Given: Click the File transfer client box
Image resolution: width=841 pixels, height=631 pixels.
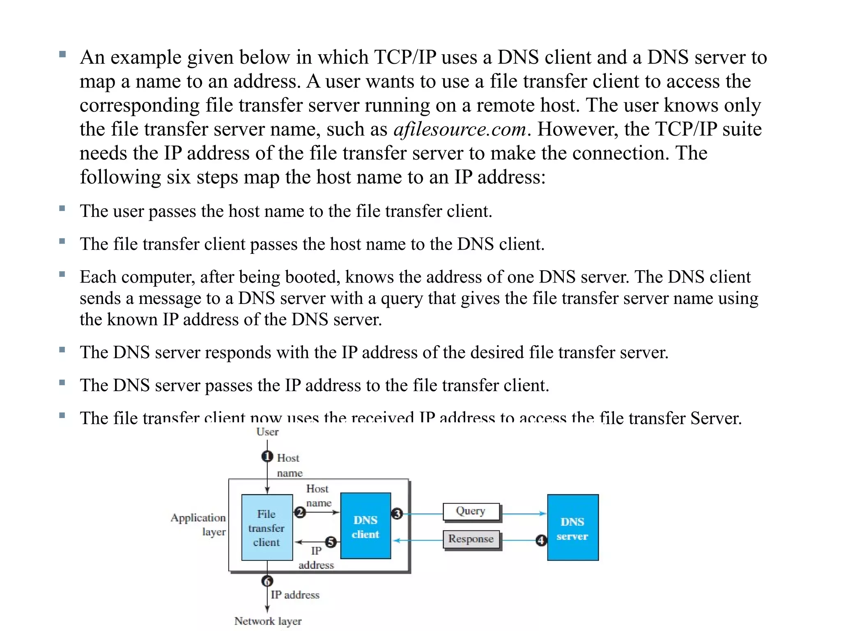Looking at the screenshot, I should [x=267, y=527].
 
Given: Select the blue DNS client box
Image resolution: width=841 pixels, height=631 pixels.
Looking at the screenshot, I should [x=365, y=526].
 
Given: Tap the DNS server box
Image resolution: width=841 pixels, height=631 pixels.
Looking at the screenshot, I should [x=572, y=528].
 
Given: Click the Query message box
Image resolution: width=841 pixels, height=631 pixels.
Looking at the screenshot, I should [x=471, y=511].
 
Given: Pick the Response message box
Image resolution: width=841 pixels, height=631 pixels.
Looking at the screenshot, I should [x=471, y=539].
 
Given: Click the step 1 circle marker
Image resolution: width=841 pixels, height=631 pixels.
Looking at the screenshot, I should [x=267, y=456].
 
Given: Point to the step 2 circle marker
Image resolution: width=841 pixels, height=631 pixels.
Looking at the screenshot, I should [x=300, y=512].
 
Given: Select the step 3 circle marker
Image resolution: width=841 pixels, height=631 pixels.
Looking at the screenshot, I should [x=397, y=514].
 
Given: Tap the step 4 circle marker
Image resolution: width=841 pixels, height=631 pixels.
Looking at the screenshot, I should [x=541, y=540].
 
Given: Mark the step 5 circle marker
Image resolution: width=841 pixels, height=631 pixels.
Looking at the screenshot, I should [x=331, y=542].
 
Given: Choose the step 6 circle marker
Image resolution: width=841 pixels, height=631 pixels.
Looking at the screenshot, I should [x=267, y=581].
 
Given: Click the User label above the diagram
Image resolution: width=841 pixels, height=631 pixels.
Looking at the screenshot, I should [x=267, y=432].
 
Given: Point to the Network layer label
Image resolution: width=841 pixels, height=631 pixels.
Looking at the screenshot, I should [x=268, y=621].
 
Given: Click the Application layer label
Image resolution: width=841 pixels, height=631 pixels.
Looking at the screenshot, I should [x=199, y=525].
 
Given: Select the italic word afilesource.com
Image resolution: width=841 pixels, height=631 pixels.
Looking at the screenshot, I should [x=460, y=129].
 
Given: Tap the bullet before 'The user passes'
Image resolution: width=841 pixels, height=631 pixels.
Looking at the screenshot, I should [x=62, y=208].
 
